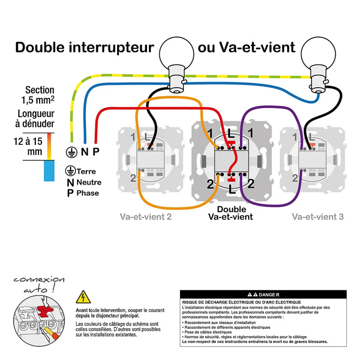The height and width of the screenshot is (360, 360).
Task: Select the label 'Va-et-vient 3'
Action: [x=317, y=217]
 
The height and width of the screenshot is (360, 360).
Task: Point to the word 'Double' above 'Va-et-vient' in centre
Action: [x=231, y=209]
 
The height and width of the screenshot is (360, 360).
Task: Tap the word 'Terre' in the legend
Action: [x=86, y=171]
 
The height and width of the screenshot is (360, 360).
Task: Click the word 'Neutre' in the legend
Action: [x=89, y=182]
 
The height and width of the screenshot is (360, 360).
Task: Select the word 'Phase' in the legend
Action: [x=87, y=193]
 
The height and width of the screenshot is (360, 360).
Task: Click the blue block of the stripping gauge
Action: [x=49, y=170]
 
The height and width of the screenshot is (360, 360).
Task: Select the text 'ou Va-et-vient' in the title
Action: [x=247, y=47]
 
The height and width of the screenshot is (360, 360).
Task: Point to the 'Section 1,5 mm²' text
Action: [x=39, y=95]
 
